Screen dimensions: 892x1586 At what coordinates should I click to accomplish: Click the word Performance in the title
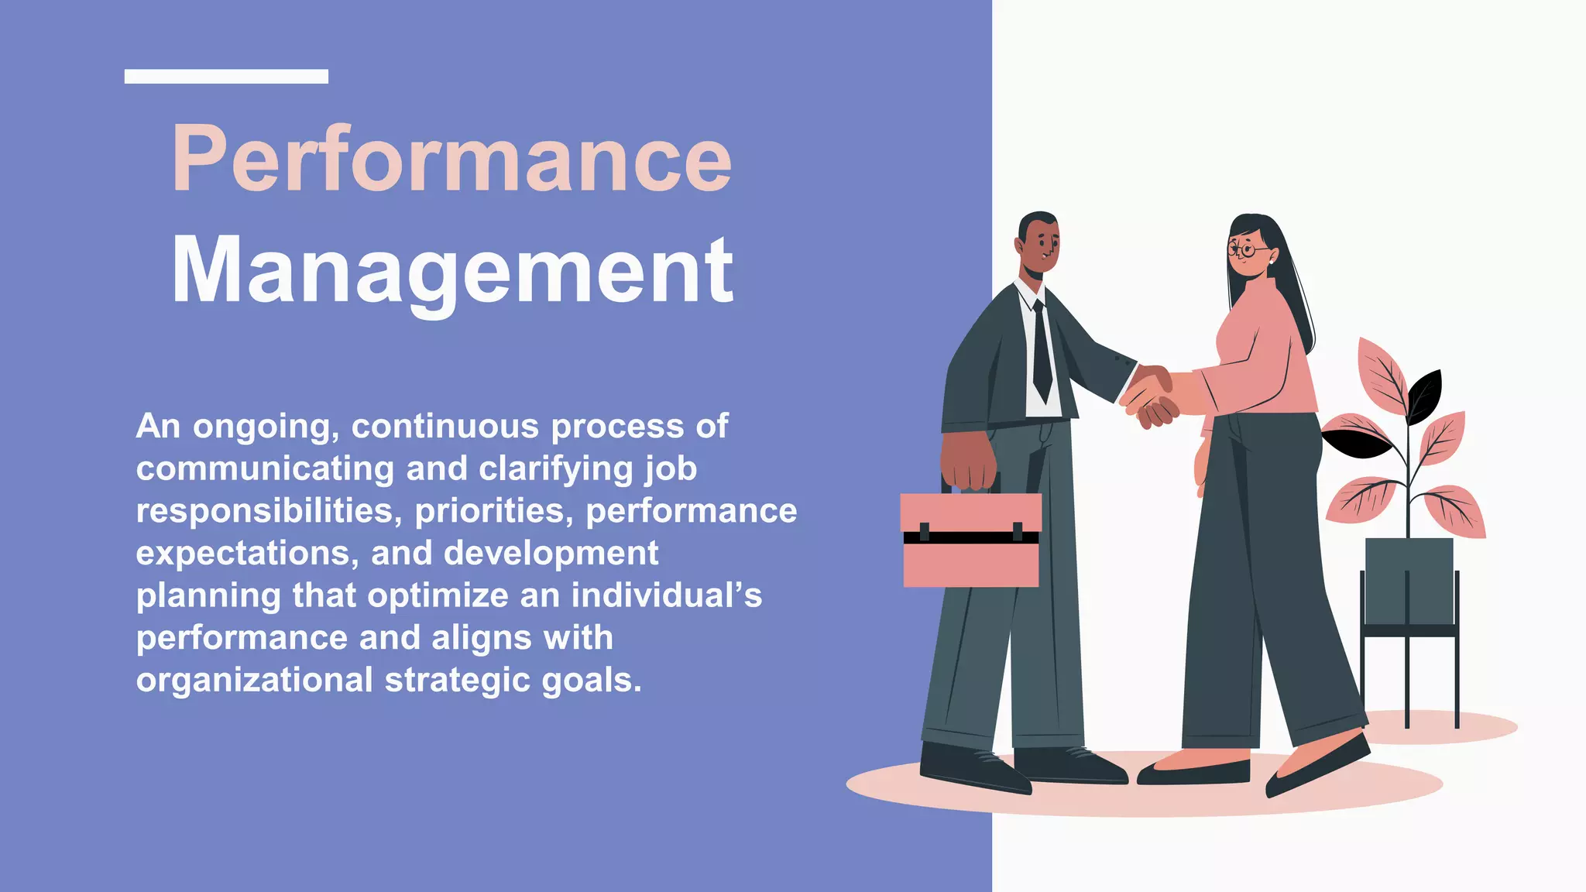451,159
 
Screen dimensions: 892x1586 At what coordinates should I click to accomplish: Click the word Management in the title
452,273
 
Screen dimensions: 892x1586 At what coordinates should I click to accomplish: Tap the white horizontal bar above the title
226,76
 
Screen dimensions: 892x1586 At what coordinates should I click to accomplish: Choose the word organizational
255,680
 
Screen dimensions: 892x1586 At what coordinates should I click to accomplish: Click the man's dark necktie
1042,352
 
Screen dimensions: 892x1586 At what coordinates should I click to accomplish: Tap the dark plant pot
1409,581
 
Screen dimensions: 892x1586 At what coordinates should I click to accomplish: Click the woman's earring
1271,262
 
